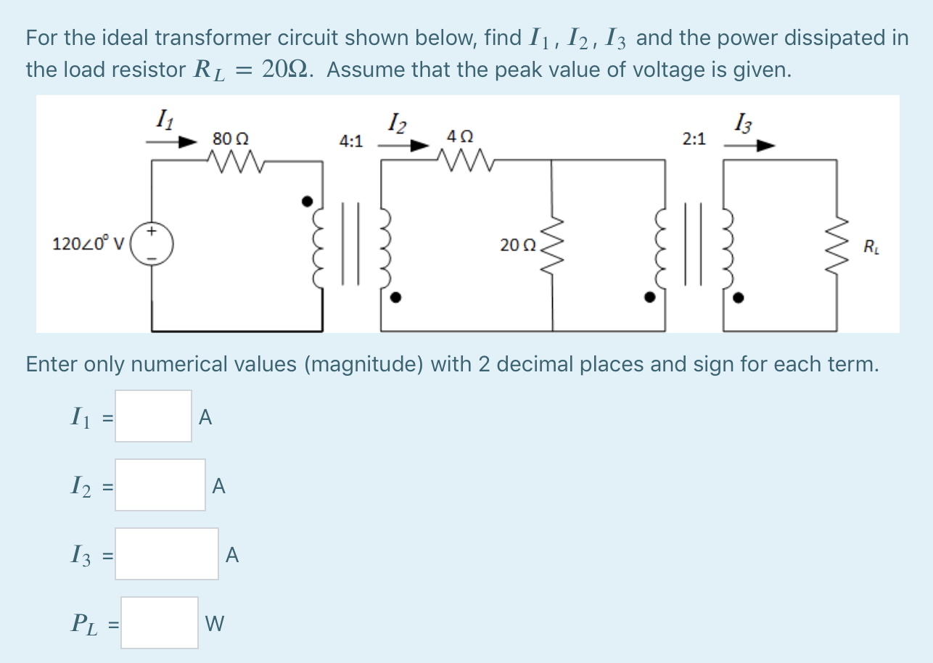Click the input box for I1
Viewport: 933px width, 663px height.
[153, 416]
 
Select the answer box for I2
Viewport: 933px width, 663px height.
[160, 485]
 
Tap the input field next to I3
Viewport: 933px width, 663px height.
[166, 553]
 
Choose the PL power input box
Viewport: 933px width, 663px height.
[159, 622]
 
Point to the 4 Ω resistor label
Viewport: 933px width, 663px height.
[461, 136]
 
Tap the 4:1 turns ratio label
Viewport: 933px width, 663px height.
[351, 141]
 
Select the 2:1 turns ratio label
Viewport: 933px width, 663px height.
[694, 139]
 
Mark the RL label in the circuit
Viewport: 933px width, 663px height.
[869, 249]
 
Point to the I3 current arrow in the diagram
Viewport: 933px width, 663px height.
[749, 145]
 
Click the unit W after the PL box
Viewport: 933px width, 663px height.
[215, 623]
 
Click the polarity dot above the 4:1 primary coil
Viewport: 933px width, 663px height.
[308, 199]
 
